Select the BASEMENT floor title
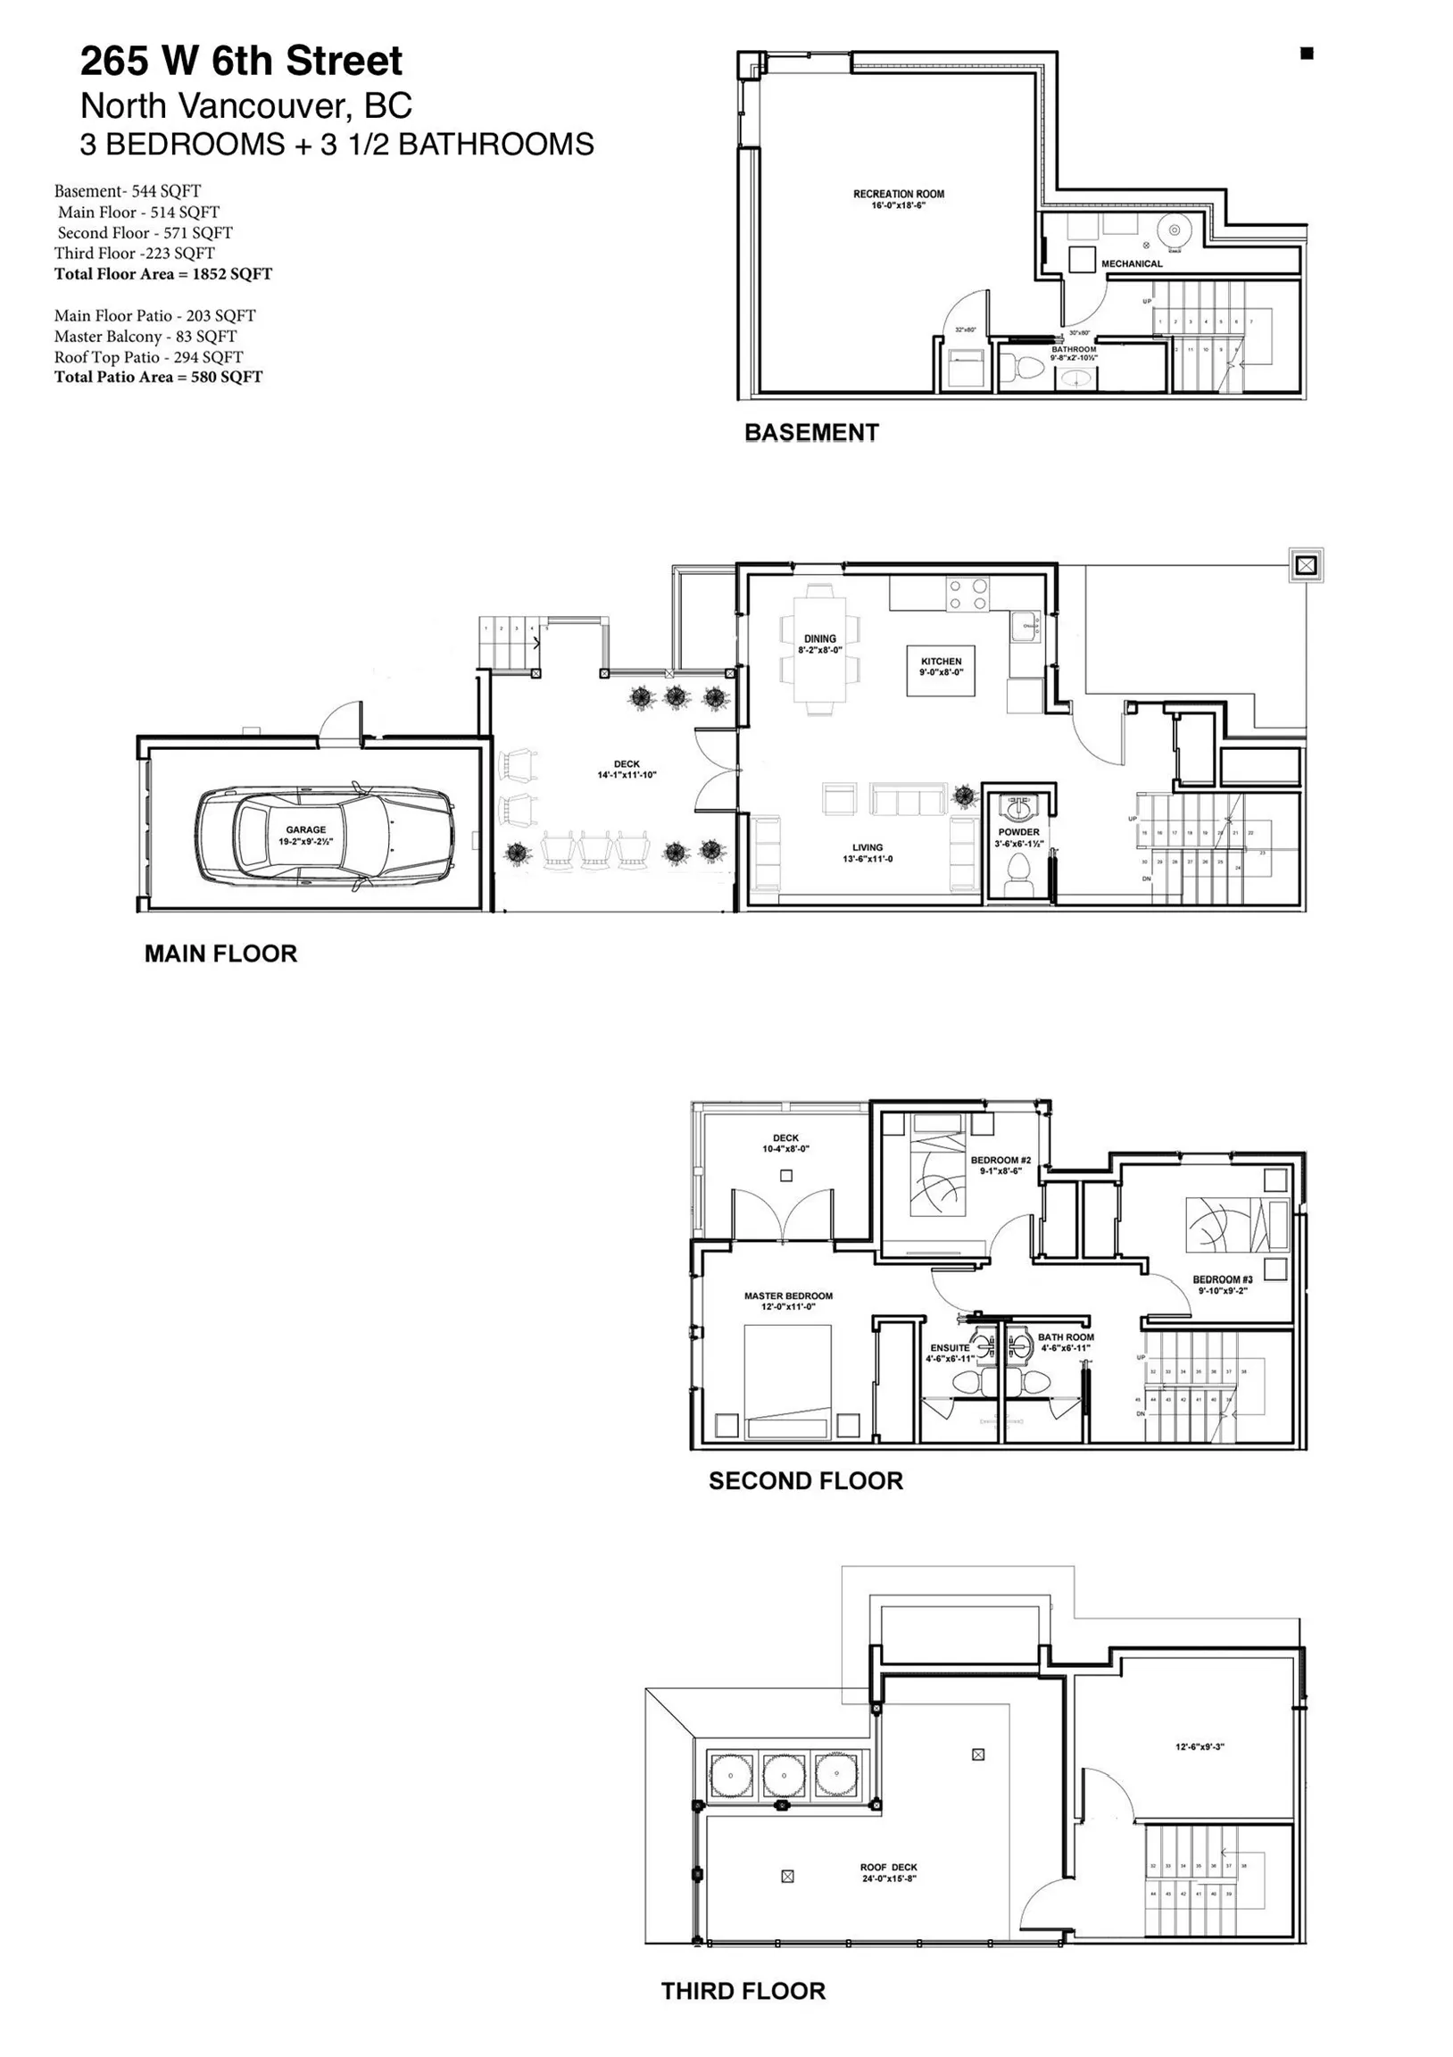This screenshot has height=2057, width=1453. click(810, 433)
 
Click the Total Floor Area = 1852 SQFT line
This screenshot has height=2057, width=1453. click(163, 274)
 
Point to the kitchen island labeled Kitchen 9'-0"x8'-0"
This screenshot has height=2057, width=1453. click(941, 670)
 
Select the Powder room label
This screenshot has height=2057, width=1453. click(1018, 837)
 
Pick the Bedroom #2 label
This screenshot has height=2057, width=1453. click(1000, 1165)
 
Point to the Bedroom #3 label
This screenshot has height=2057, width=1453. click(1222, 1285)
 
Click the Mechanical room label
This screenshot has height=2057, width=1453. click(1132, 263)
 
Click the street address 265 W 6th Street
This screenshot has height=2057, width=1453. click(242, 61)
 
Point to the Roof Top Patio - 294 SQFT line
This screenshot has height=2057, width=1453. click(149, 356)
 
